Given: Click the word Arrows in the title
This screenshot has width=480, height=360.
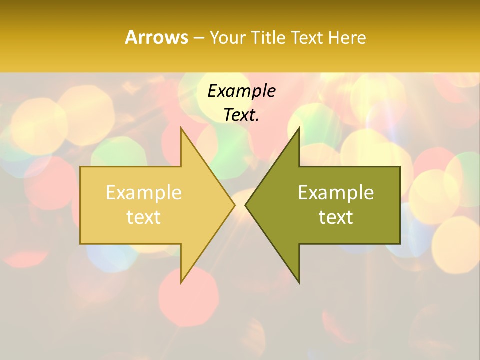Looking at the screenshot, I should (156, 37).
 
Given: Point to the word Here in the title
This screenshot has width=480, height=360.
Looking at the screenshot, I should (347, 38).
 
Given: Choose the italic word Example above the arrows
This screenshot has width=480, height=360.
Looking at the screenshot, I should (241, 91).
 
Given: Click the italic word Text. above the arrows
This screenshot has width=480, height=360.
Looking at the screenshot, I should (241, 115).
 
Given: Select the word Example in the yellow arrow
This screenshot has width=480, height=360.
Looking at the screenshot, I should (144, 193).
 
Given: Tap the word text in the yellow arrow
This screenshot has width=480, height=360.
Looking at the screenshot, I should (144, 217).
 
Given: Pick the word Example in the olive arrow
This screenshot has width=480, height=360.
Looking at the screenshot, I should (336, 193).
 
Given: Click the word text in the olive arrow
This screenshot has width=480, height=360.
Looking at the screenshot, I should (336, 217).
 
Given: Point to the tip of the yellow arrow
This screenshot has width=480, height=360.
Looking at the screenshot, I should (233, 205).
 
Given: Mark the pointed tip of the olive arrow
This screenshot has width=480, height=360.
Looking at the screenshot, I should (247, 205).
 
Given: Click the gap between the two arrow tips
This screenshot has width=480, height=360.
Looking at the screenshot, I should (240, 205).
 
